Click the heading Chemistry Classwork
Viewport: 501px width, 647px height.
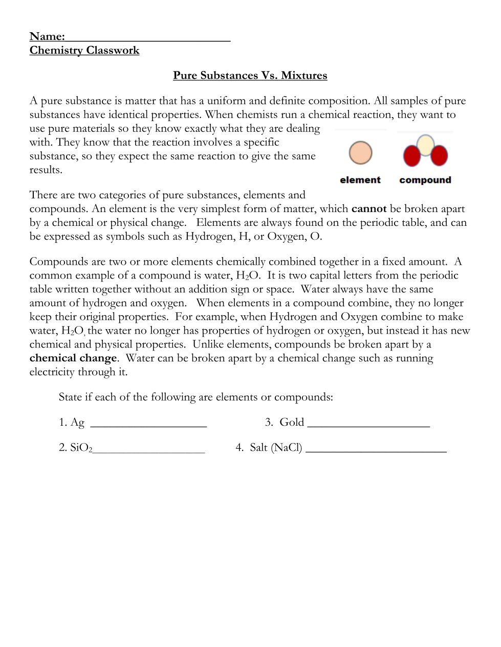[x=84, y=50]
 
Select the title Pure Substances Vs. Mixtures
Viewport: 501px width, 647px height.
[x=250, y=76]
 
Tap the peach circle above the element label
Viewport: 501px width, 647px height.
[x=360, y=153]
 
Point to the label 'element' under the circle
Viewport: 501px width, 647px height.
[x=360, y=180]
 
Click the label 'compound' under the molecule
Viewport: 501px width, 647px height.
[x=425, y=180]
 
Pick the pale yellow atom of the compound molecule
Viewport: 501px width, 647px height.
[x=425, y=144]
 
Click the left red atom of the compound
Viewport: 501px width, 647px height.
[x=412, y=155]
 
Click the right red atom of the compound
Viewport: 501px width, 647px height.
[x=439, y=155]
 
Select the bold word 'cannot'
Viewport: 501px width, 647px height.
[x=369, y=209]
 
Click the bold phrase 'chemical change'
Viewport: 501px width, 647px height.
[x=73, y=358]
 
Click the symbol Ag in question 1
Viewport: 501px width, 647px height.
[x=77, y=422]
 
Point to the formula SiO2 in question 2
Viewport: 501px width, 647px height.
[x=81, y=448]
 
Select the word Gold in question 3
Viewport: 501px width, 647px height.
[x=292, y=422]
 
